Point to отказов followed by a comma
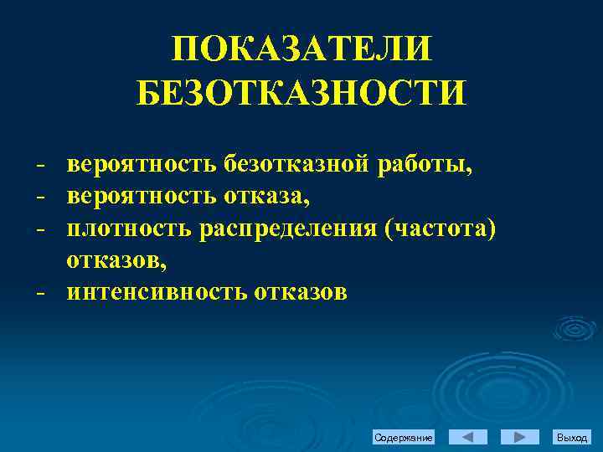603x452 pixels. [117, 260]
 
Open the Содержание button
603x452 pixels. [404, 438]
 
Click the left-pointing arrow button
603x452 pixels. [468, 437]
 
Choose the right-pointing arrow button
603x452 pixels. [519, 437]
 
